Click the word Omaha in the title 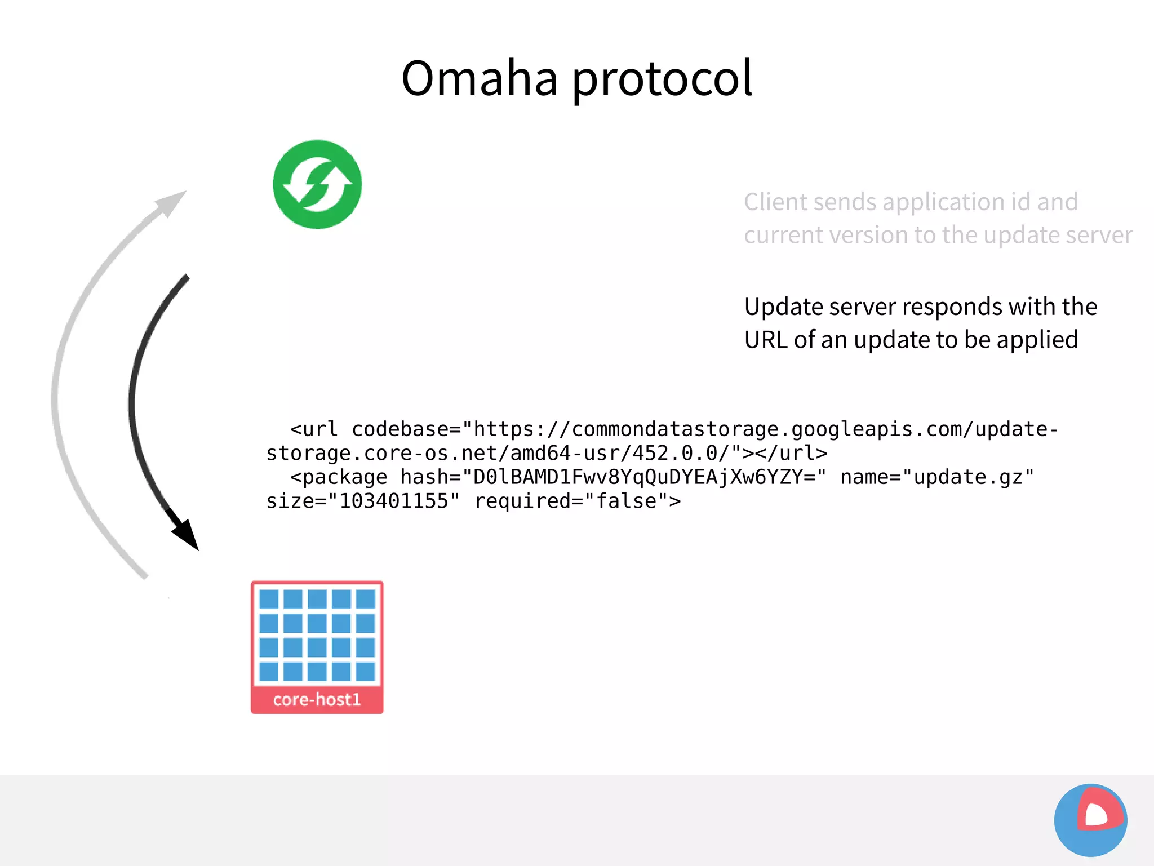pyautogui.click(x=479, y=79)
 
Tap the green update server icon pyautogui.click(x=317, y=184)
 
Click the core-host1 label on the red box pyautogui.click(x=317, y=700)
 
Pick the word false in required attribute pyautogui.click(x=626, y=501)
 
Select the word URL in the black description pyautogui.click(x=766, y=340)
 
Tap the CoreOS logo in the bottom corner pyautogui.click(x=1090, y=820)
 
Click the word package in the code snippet pyautogui.click(x=345, y=478)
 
